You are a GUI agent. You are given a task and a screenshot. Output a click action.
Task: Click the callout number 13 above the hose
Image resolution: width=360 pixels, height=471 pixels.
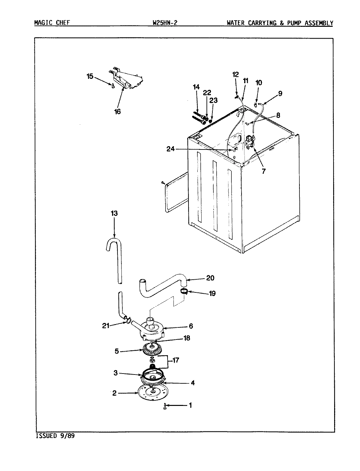click(x=114, y=213)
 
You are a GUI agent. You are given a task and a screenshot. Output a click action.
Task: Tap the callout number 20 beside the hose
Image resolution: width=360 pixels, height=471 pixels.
click(x=210, y=278)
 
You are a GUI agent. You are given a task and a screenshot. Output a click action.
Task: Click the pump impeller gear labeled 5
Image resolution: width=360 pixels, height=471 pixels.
click(x=152, y=351)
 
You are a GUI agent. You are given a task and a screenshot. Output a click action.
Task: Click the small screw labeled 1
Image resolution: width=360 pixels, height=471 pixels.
click(x=166, y=407)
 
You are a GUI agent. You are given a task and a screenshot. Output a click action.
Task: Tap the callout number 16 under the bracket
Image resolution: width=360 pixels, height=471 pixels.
click(x=117, y=112)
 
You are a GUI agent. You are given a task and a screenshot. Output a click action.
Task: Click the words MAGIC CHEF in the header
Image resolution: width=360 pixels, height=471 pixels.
click(x=51, y=23)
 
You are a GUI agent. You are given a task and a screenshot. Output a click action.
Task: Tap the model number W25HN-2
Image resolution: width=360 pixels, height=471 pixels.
click(x=165, y=23)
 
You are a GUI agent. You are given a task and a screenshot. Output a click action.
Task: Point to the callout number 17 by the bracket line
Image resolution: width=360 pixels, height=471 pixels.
click(x=176, y=360)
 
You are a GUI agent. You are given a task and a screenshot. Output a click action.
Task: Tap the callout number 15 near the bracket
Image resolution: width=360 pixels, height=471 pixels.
click(x=90, y=77)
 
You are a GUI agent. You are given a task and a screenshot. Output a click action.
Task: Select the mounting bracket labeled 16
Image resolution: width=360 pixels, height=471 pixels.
click(x=128, y=80)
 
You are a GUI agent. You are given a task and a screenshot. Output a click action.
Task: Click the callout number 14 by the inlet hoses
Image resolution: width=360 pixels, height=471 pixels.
click(x=196, y=87)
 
